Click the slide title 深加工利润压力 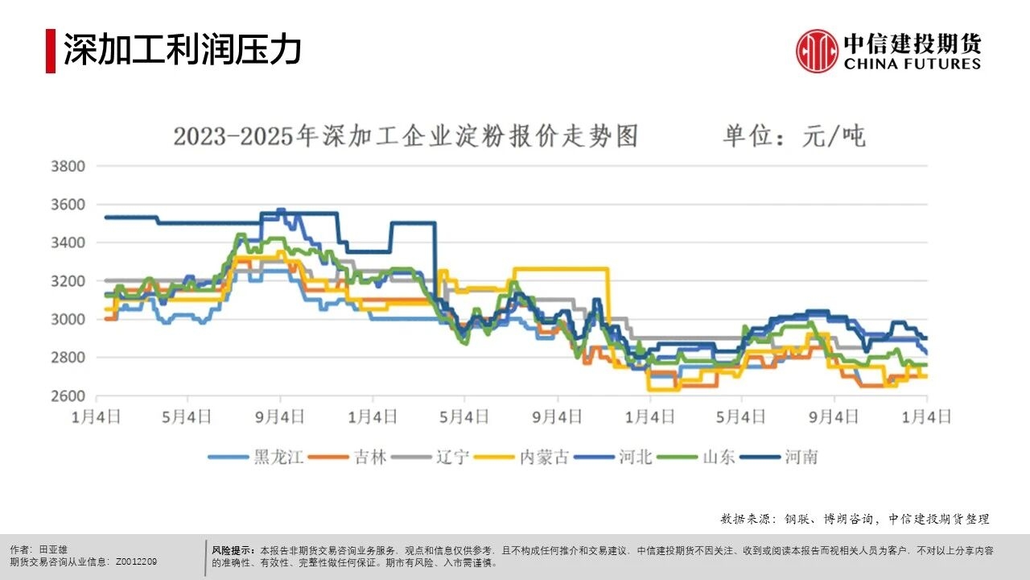[183, 50]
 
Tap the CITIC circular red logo [817, 51]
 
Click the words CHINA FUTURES [913, 64]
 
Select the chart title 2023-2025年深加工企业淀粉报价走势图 [406, 136]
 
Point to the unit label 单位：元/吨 [793, 136]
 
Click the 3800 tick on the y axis [68, 167]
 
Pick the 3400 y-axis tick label [68, 243]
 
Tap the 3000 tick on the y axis [68, 320]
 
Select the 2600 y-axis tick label [68, 396]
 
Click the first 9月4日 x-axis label [281, 416]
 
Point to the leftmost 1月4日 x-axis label [97, 416]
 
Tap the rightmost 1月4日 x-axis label [927, 416]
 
